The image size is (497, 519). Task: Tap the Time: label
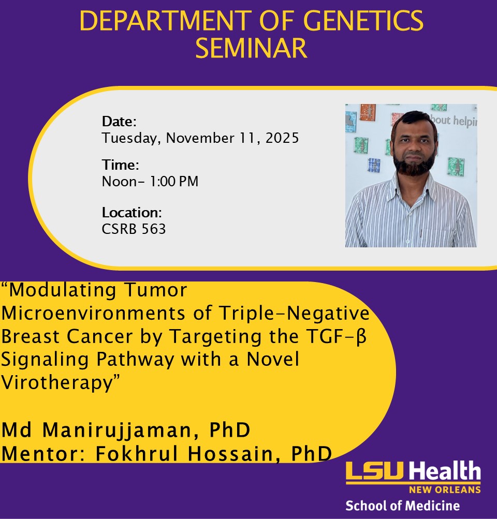pos(120,165)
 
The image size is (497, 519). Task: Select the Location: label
pos(133,212)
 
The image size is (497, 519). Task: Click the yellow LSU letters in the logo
pos(376,472)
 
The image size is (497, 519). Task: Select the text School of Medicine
pos(402,506)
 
